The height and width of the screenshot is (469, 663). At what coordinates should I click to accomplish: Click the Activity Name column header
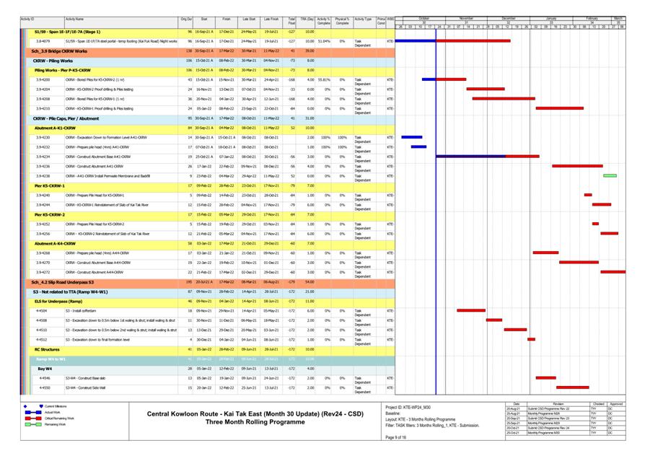click(74, 19)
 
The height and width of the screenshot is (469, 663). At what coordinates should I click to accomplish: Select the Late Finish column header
click(271, 19)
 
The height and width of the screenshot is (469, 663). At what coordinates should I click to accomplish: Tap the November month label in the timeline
click(466, 18)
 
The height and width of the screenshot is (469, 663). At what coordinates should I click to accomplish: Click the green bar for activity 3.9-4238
click(610, 175)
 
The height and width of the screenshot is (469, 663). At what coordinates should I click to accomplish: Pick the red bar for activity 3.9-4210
click(559, 108)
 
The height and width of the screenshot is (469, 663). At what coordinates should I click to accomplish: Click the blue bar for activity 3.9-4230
click(411, 136)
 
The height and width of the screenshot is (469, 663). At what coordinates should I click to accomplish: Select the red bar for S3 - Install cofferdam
click(471, 310)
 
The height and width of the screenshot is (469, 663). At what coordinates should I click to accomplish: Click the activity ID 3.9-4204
click(43, 89)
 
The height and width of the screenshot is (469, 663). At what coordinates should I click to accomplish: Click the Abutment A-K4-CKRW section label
click(55, 243)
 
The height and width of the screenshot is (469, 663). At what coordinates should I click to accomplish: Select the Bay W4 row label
click(44, 369)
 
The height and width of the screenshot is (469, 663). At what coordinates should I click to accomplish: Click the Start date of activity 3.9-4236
click(204, 166)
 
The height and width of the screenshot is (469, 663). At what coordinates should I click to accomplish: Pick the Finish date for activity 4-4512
click(226, 339)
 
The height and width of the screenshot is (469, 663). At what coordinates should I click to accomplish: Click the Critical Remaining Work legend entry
click(59, 418)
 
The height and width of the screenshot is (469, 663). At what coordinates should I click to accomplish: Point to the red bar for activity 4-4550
click(572, 387)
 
